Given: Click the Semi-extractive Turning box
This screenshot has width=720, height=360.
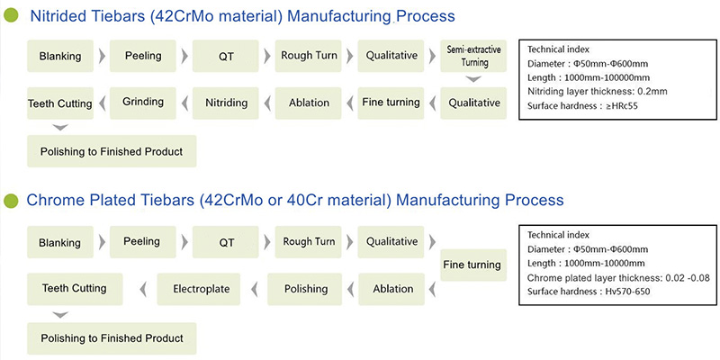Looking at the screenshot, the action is coord(473,56).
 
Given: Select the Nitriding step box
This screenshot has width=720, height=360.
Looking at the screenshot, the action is coord(226,103).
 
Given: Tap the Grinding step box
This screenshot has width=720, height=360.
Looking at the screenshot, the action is coord(143,103).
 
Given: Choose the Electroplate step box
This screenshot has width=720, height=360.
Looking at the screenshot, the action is coord(198,289).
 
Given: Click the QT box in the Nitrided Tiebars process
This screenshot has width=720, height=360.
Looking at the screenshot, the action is coord(226,56).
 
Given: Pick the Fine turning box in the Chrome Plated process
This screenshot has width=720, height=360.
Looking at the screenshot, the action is coord(473,265).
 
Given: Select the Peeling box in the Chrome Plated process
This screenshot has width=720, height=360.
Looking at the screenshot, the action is coord(143,242).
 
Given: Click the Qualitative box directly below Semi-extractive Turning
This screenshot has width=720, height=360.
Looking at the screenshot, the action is coord(473,103).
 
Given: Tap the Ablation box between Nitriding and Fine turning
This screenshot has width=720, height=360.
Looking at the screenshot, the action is coord(308,103).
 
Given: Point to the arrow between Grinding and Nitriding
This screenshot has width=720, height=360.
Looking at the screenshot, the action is coord(184,103).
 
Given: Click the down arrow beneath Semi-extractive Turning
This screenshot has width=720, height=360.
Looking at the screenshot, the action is coord(473,79).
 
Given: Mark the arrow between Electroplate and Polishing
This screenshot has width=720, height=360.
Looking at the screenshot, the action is coord(254,289).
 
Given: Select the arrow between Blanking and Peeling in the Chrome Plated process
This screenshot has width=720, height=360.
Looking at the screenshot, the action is coord(102,242).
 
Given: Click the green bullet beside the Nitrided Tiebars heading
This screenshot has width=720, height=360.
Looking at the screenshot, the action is coord(11,16).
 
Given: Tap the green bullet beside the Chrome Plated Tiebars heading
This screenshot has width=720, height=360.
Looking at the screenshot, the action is coord(11,201).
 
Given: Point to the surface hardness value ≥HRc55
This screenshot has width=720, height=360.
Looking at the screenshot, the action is coord(621,106).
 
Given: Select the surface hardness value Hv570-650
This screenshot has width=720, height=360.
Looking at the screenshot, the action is coord(627,292).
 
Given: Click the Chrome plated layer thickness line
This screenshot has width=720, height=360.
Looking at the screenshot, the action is coord(618,278).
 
